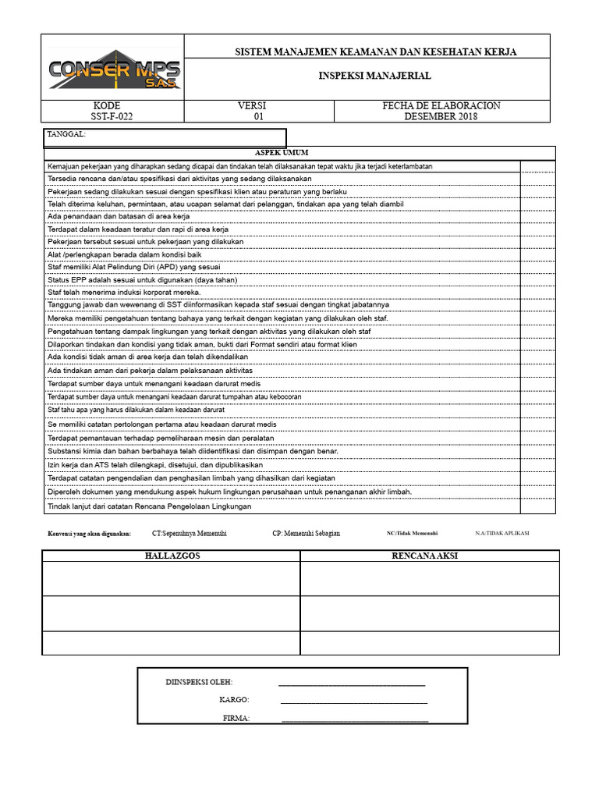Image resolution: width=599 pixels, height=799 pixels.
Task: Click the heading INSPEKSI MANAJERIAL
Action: [x=374, y=76]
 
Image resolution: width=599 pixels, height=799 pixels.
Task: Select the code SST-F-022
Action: [x=106, y=117]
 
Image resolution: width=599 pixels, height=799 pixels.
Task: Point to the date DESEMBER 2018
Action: [x=441, y=117]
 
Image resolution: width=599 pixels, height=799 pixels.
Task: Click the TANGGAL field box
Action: [x=165, y=137]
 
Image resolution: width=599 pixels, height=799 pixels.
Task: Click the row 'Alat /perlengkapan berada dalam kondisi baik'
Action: [x=125, y=254]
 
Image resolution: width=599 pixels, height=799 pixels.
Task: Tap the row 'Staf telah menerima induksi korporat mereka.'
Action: [x=124, y=292]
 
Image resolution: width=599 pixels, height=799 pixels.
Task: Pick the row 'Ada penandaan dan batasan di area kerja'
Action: [x=119, y=216]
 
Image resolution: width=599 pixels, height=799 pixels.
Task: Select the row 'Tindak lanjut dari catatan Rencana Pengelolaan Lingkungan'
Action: [x=150, y=506]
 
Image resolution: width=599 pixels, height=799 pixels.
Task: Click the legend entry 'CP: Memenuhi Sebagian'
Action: [x=306, y=533]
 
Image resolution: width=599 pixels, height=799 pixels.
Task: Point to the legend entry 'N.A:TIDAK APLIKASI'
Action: [x=502, y=533]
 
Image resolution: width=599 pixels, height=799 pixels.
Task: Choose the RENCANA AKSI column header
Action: [x=430, y=556]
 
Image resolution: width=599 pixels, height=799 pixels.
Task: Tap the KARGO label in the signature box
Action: [x=234, y=700]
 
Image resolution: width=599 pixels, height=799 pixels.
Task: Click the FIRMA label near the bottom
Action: [x=236, y=718]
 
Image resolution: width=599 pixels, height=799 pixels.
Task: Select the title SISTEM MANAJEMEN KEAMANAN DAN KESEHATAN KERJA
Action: [x=376, y=51]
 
